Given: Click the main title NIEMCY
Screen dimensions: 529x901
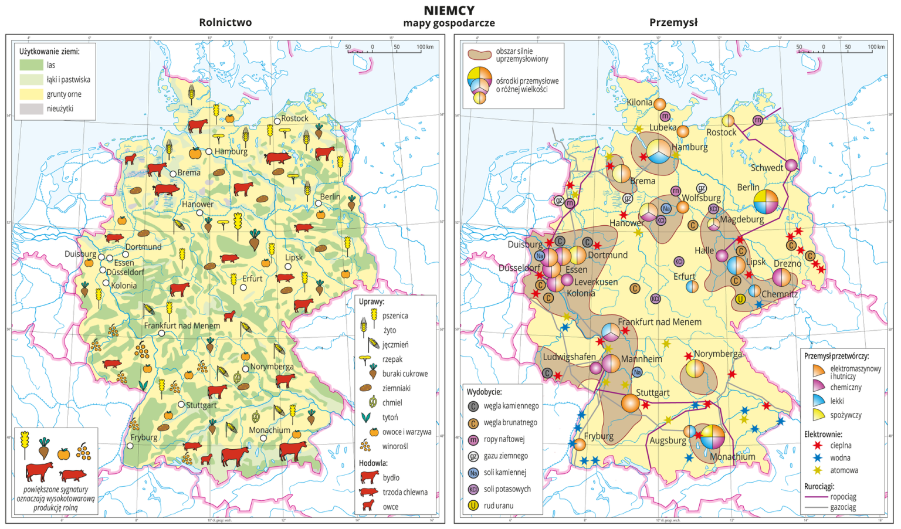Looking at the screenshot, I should (449, 11).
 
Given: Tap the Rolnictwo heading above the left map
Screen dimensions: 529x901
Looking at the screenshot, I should (225, 22).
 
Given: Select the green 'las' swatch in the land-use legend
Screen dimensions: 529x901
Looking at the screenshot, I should (31, 65).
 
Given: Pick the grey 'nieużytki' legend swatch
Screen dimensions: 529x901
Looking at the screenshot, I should (31, 108).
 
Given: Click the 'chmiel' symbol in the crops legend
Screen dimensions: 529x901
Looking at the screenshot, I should (372, 402).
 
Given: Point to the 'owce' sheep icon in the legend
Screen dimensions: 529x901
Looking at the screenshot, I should (368, 506).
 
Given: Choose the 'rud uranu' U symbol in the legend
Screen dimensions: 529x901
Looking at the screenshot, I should (473, 505).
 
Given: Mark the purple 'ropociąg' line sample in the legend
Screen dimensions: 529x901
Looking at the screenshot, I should (816, 497).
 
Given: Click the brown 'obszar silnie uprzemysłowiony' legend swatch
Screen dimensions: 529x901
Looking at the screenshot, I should (479, 55).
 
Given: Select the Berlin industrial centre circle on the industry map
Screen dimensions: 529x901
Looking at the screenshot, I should (765, 202).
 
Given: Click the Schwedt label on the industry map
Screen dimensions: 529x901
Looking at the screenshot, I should (766, 168).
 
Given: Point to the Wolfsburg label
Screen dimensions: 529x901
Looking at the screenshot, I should (701, 198).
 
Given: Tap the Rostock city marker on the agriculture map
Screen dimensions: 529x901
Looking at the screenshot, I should (277, 121).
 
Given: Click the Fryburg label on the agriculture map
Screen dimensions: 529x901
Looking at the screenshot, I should (144, 438).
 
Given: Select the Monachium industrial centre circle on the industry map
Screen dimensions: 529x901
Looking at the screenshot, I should (712, 437).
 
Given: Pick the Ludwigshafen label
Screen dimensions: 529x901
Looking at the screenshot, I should (568, 357).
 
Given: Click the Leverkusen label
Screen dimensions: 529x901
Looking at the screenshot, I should (595, 282).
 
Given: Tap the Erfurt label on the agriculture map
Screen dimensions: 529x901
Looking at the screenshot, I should (252, 279).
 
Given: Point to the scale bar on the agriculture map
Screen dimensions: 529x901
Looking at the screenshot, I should (384, 52).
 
